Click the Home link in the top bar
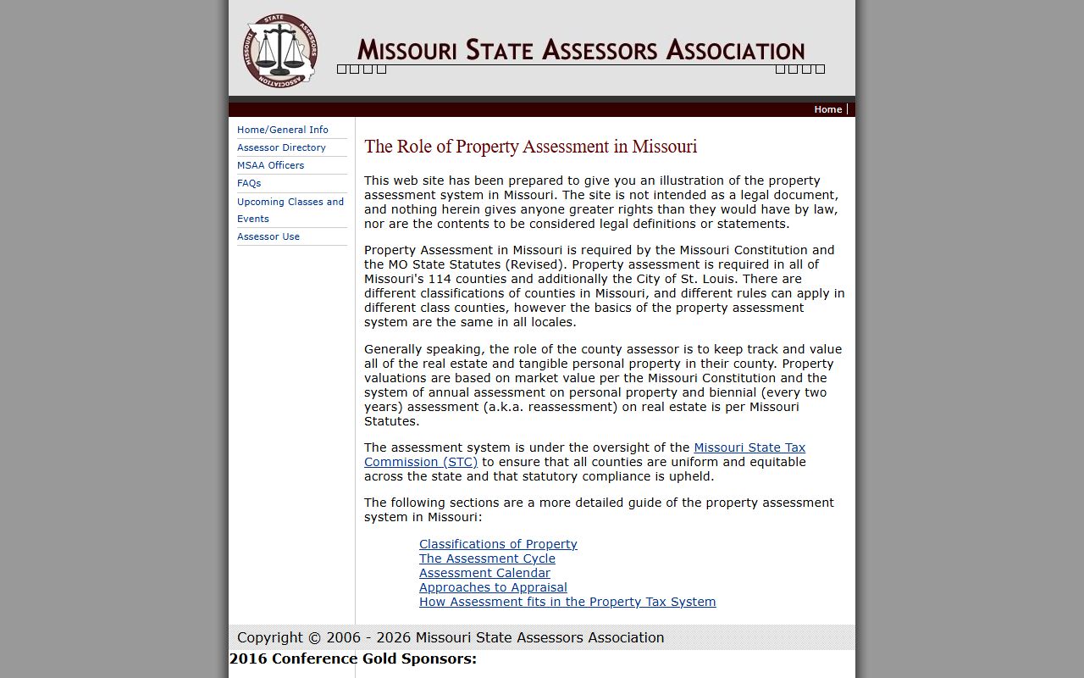(827, 109)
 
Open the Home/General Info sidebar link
(282, 130)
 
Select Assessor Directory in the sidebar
(281, 147)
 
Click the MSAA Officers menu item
(270, 165)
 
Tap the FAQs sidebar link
(249, 183)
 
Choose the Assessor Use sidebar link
(268, 236)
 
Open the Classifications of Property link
(497, 544)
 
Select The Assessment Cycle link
(487, 559)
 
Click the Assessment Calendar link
(484, 573)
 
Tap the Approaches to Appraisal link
(493, 587)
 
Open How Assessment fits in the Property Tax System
(567, 602)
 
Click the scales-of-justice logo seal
(281, 49)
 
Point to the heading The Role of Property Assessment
(530, 147)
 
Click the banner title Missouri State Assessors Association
(580, 50)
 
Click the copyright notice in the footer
(451, 637)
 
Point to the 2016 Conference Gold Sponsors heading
(352, 659)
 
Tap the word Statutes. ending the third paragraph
(391, 421)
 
